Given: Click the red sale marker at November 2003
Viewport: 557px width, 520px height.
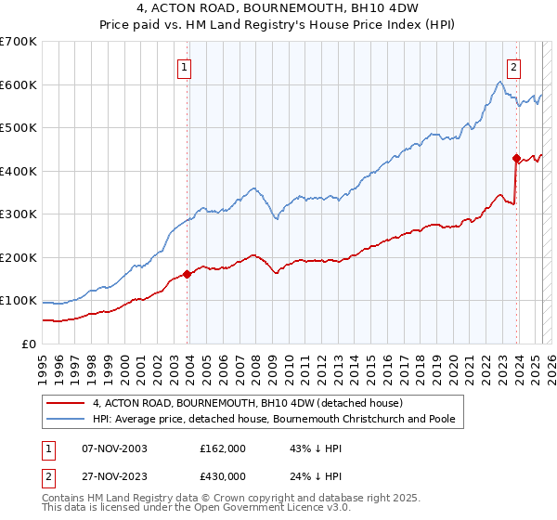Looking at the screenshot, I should pos(188,274).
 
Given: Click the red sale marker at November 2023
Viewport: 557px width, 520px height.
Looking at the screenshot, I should pos(516,158).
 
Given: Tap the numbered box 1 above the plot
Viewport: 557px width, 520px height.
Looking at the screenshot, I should pos(186,66).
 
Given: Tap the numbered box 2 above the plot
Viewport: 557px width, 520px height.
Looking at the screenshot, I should pos(514,66).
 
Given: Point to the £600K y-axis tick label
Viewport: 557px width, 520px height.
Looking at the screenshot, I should pos(19,84).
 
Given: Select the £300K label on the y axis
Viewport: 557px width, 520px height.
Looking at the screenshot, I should pos(19,214).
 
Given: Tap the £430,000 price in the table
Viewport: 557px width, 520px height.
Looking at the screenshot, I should pos(223,475).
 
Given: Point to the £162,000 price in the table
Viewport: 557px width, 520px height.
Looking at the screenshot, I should pos(223,448).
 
